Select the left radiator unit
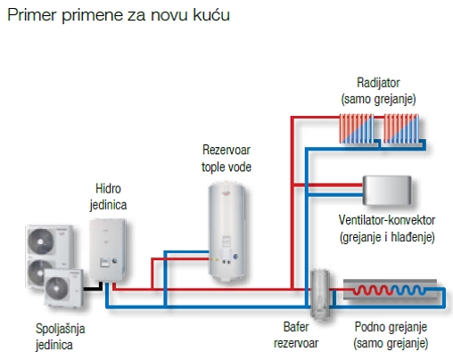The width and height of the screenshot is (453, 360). click(357, 129)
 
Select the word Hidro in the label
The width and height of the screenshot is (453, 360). click(110, 189)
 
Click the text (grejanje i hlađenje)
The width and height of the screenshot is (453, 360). click(385, 237)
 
